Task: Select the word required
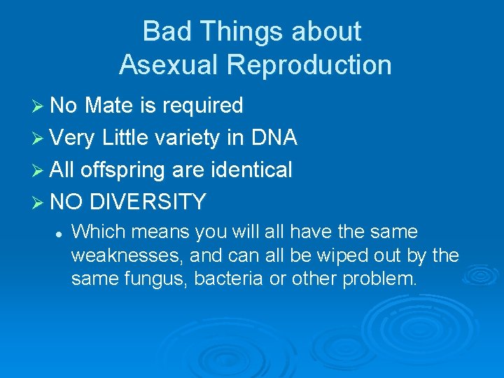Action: [202, 106]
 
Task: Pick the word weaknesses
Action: [125, 255]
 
